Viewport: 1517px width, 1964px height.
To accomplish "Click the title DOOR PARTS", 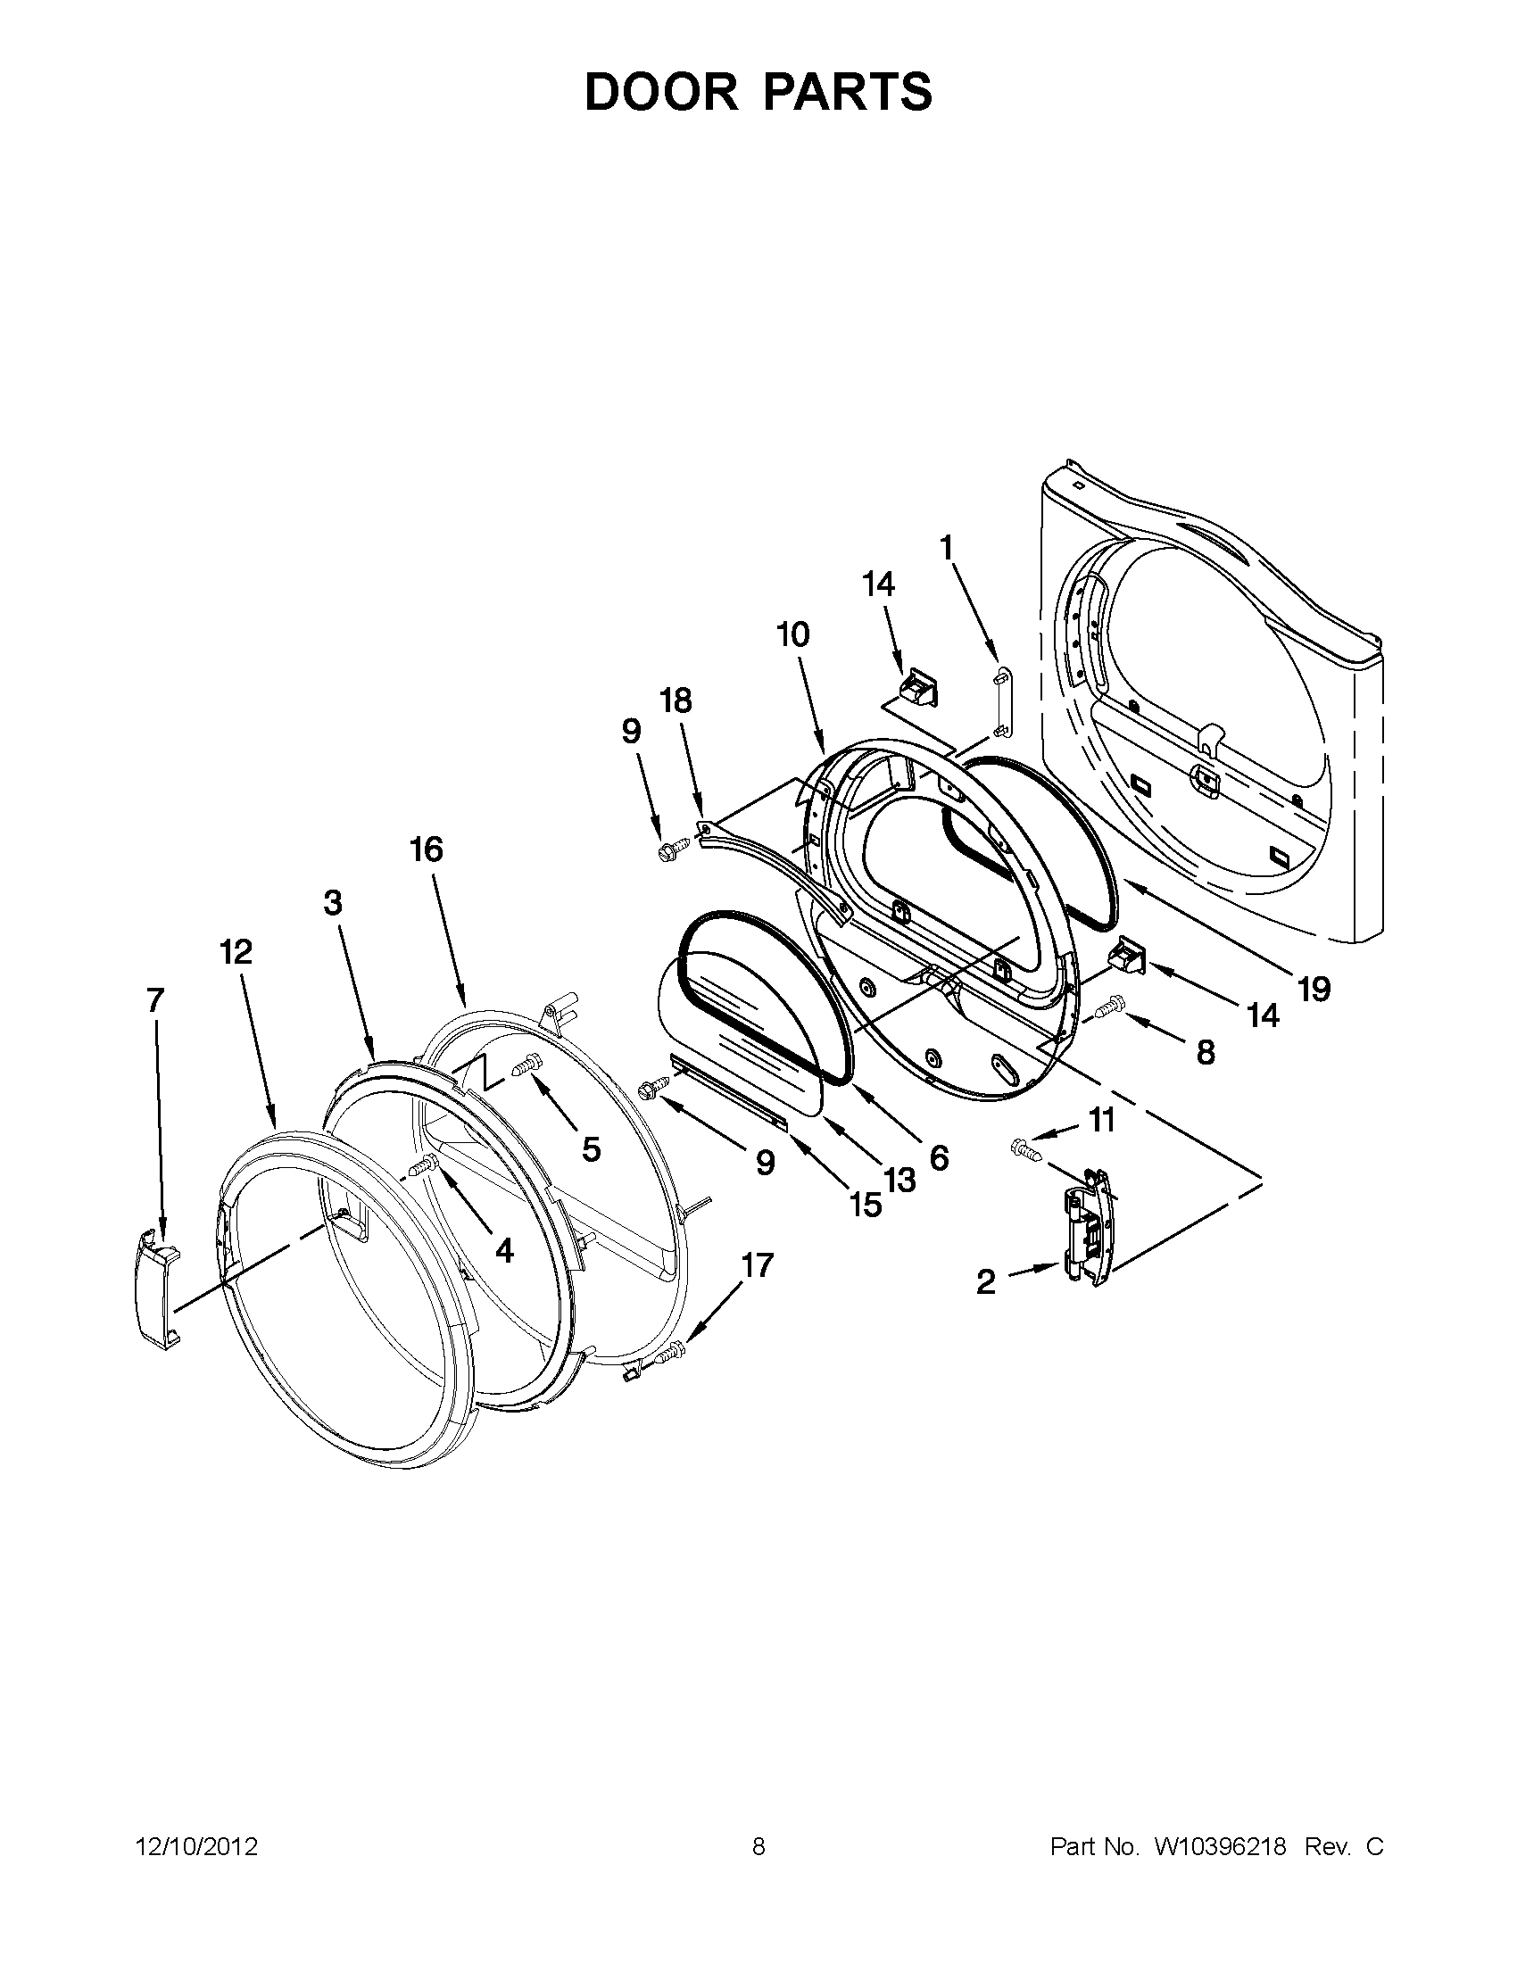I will tap(758, 92).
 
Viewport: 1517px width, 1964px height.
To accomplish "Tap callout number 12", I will tap(236, 951).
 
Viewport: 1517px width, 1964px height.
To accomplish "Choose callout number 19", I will tap(1313, 990).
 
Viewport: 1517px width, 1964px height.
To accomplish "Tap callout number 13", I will tap(899, 1180).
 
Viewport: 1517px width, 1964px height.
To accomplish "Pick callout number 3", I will tap(333, 902).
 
